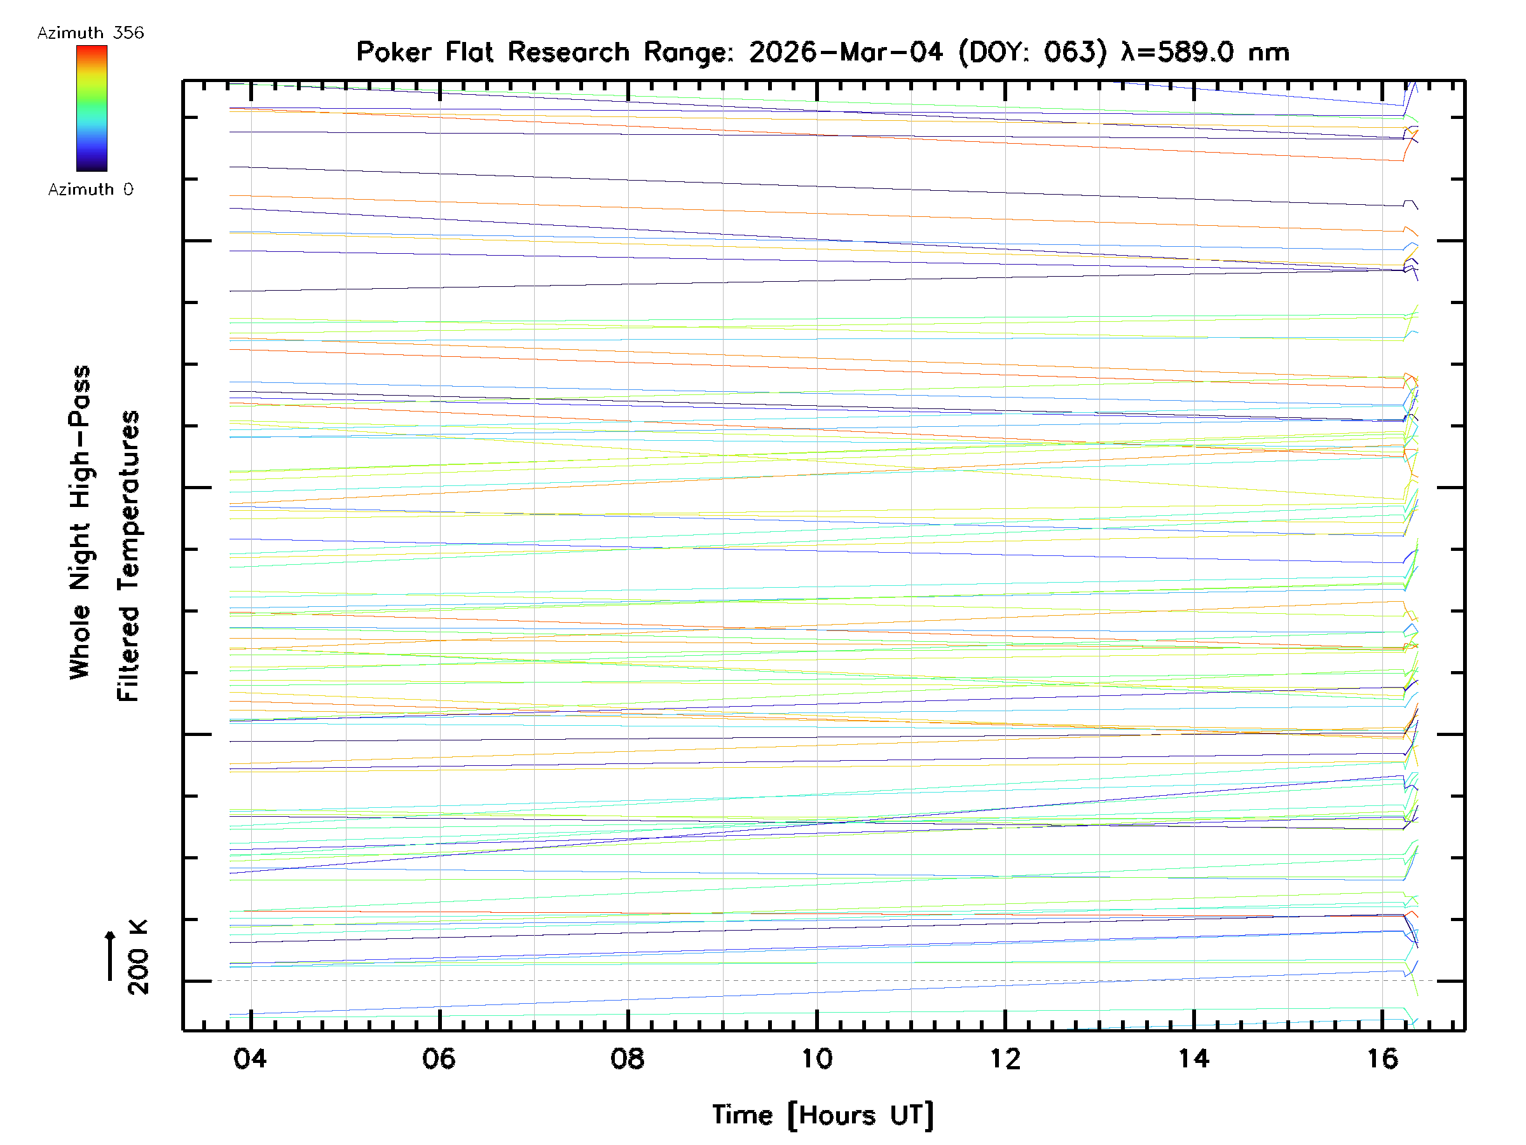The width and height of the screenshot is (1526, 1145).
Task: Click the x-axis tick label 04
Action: (x=250, y=1058)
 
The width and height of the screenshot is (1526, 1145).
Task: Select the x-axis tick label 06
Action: (x=439, y=1058)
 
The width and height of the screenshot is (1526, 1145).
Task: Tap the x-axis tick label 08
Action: (x=627, y=1058)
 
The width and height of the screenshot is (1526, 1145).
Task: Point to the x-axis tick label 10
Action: (x=816, y=1058)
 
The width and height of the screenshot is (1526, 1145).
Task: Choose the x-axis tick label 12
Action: (x=1005, y=1058)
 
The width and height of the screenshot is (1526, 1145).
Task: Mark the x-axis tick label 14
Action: (x=1193, y=1058)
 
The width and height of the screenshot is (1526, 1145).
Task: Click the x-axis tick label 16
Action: (x=1382, y=1058)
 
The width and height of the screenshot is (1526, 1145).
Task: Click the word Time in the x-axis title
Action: (x=741, y=1115)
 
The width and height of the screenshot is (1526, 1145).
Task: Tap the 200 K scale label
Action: (x=138, y=957)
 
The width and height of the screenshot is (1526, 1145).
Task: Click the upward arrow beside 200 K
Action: (x=111, y=955)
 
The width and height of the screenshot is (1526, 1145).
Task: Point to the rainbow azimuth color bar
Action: (x=92, y=108)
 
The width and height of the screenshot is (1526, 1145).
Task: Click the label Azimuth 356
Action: (x=90, y=33)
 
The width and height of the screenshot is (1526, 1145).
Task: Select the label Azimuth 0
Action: (x=90, y=190)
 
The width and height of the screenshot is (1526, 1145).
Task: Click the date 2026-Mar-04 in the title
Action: (x=845, y=52)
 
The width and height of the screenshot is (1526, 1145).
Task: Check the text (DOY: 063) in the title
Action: (x=1033, y=52)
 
